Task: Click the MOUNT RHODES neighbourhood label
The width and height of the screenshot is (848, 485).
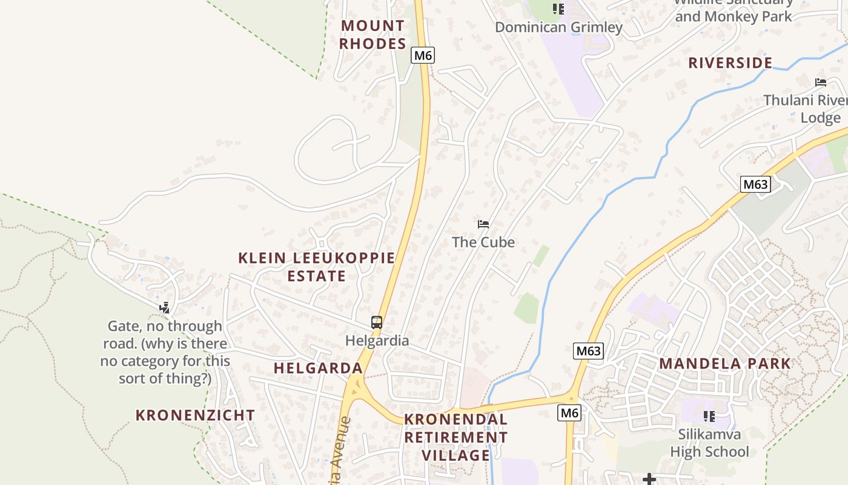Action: (x=372, y=35)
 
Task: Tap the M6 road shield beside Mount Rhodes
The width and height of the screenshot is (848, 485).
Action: (x=423, y=55)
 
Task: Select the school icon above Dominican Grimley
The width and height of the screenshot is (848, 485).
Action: (x=558, y=8)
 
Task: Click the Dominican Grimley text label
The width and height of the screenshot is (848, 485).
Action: (x=558, y=27)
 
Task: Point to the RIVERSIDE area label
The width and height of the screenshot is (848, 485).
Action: (x=730, y=63)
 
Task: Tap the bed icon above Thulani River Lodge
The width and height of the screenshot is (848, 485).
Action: (x=821, y=82)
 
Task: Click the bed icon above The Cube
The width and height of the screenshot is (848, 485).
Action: (x=483, y=224)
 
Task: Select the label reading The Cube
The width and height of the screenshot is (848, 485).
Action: (x=483, y=242)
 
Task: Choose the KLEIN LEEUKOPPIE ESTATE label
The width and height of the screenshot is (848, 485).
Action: (x=316, y=267)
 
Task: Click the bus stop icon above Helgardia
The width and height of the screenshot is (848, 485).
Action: (x=377, y=323)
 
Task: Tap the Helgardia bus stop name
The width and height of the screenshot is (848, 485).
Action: (x=377, y=341)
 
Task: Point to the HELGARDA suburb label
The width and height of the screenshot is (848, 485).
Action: (x=318, y=368)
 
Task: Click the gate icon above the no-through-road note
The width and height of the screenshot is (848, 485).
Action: (x=164, y=308)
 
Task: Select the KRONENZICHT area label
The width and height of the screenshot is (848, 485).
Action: (x=195, y=415)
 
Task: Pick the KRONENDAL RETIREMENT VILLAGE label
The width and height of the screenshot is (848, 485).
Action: (x=455, y=437)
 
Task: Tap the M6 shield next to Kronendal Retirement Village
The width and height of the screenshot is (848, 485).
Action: (x=569, y=413)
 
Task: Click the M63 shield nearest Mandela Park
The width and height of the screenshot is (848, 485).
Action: (x=588, y=350)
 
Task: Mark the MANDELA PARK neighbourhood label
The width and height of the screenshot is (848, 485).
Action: (x=724, y=364)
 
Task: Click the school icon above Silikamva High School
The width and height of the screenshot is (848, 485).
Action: (x=709, y=416)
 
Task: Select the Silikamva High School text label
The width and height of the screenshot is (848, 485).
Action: (x=709, y=443)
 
